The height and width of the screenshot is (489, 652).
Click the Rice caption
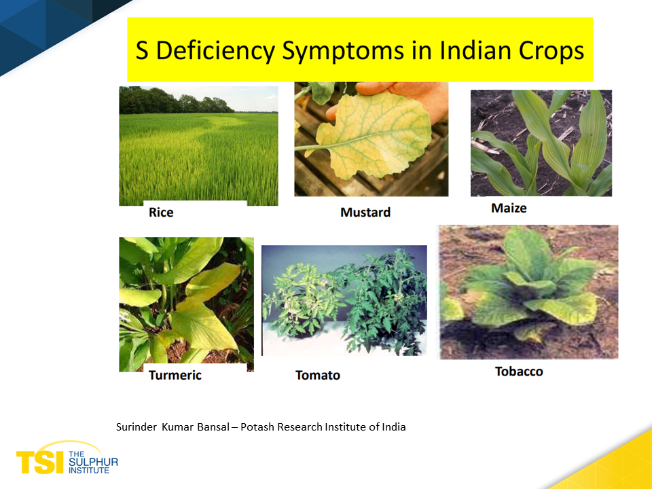(x=161, y=213)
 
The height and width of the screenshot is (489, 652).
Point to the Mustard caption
(x=365, y=213)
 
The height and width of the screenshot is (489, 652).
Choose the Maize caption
(x=509, y=208)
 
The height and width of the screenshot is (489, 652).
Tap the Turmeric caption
(x=175, y=376)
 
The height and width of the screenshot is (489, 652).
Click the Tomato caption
(x=318, y=376)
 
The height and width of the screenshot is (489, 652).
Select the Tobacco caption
(x=519, y=372)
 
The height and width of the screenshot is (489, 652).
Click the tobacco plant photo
(x=529, y=292)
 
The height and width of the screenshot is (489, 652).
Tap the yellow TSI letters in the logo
(x=40, y=462)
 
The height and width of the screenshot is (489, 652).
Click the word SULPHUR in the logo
(x=93, y=463)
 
